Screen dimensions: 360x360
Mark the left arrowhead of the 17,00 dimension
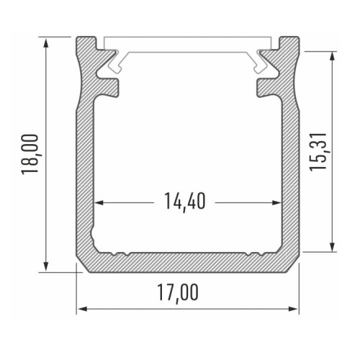coord(81,310)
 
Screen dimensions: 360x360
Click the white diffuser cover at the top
coord(187,43)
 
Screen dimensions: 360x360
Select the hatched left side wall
coord(85,166)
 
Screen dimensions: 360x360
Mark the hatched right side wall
coord(289,166)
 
